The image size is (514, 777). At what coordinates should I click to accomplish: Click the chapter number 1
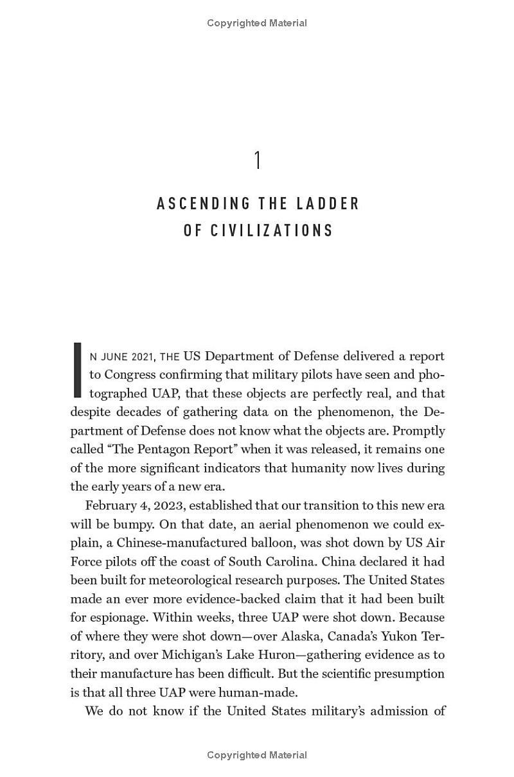click(x=257, y=161)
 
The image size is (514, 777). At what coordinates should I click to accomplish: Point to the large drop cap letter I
click(x=78, y=370)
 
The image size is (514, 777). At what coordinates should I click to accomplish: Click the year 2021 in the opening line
click(x=142, y=356)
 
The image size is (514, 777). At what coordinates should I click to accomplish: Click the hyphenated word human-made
click(x=267, y=692)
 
